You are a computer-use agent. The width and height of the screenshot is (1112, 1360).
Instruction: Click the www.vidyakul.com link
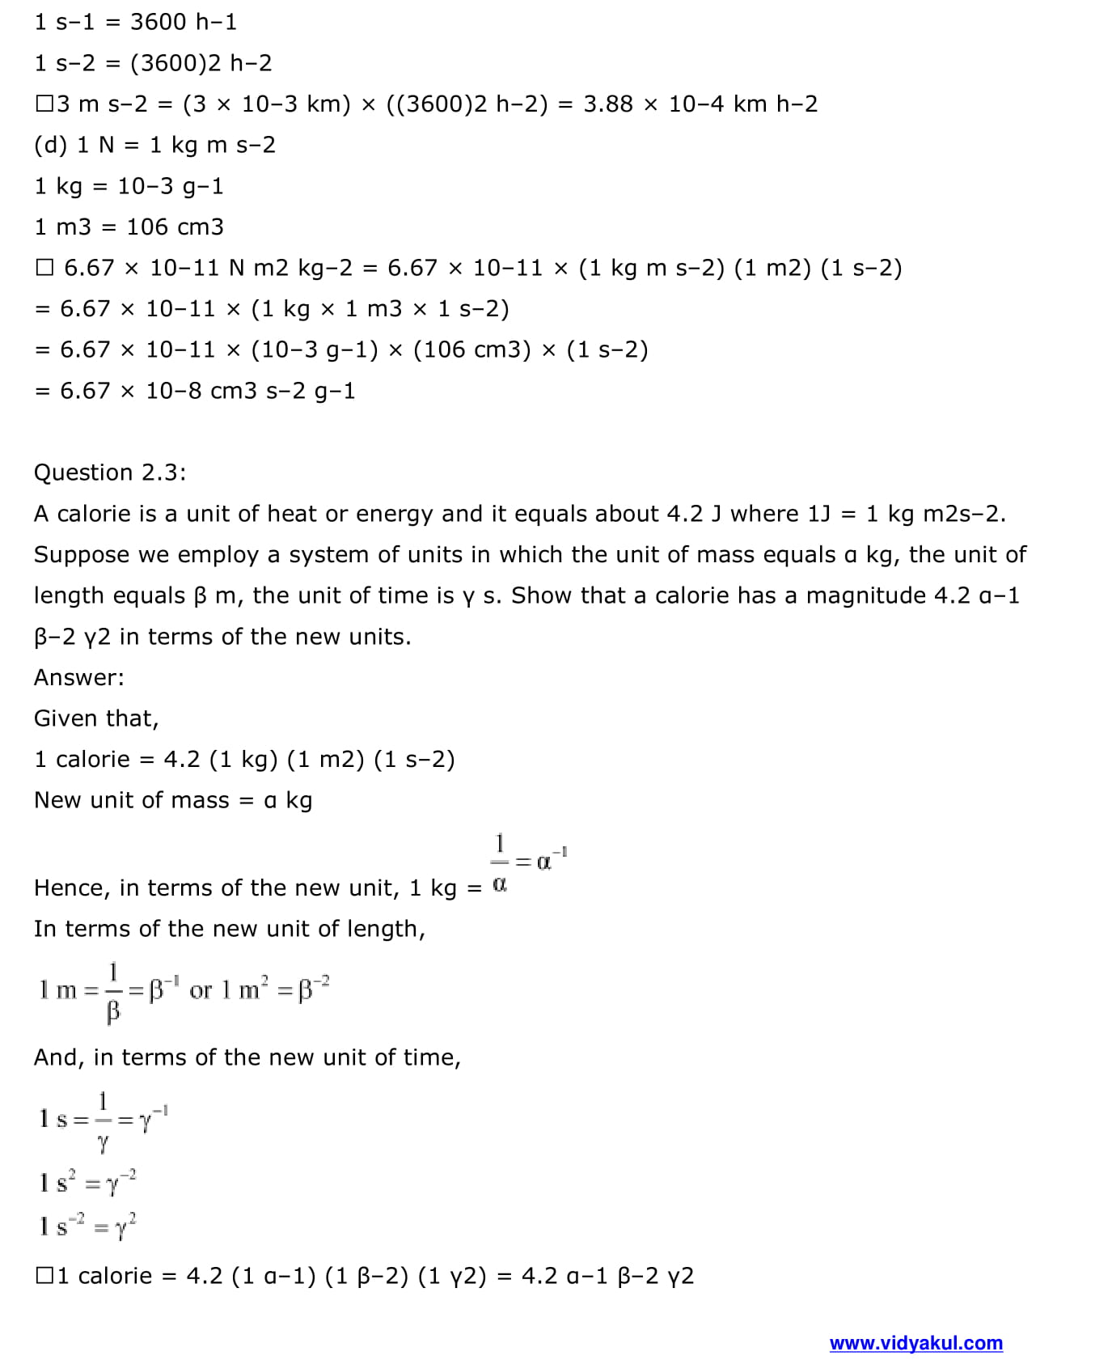click(x=915, y=1343)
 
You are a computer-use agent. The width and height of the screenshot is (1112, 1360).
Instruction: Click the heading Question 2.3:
click(x=110, y=472)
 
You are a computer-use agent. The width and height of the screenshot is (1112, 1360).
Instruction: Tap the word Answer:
click(x=79, y=677)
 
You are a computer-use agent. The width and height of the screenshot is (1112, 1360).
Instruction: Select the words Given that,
click(x=96, y=718)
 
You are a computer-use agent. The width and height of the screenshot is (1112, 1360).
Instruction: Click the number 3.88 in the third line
click(x=607, y=104)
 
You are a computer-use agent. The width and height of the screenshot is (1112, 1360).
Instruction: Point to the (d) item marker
click(x=50, y=145)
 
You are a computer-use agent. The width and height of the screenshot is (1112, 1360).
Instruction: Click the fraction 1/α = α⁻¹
click(x=529, y=862)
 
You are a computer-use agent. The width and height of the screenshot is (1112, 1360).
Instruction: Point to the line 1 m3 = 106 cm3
click(x=129, y=227)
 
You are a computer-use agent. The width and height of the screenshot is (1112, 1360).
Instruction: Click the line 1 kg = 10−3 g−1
click(x=129, y=186)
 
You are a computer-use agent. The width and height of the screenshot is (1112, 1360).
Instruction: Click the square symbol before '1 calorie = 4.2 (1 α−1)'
click(x=44, y=1276)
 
